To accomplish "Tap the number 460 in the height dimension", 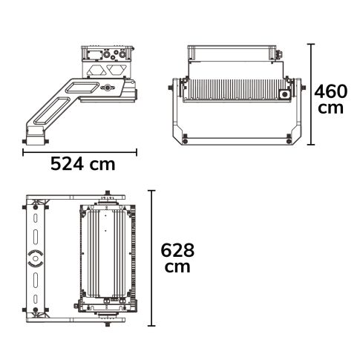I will click(x=331, y=93).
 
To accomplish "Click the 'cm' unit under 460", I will click(x=330, y=109).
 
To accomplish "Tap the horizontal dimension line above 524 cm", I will click(x=79, y=151).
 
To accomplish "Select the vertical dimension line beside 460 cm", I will click(x=310, y=94).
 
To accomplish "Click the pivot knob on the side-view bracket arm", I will click(x=110, y=89).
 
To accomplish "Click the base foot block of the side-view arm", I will click(x=34, y=137).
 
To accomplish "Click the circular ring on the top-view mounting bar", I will click(x=35, y=258).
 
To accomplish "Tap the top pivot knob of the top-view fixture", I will click(x=108, y=195).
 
